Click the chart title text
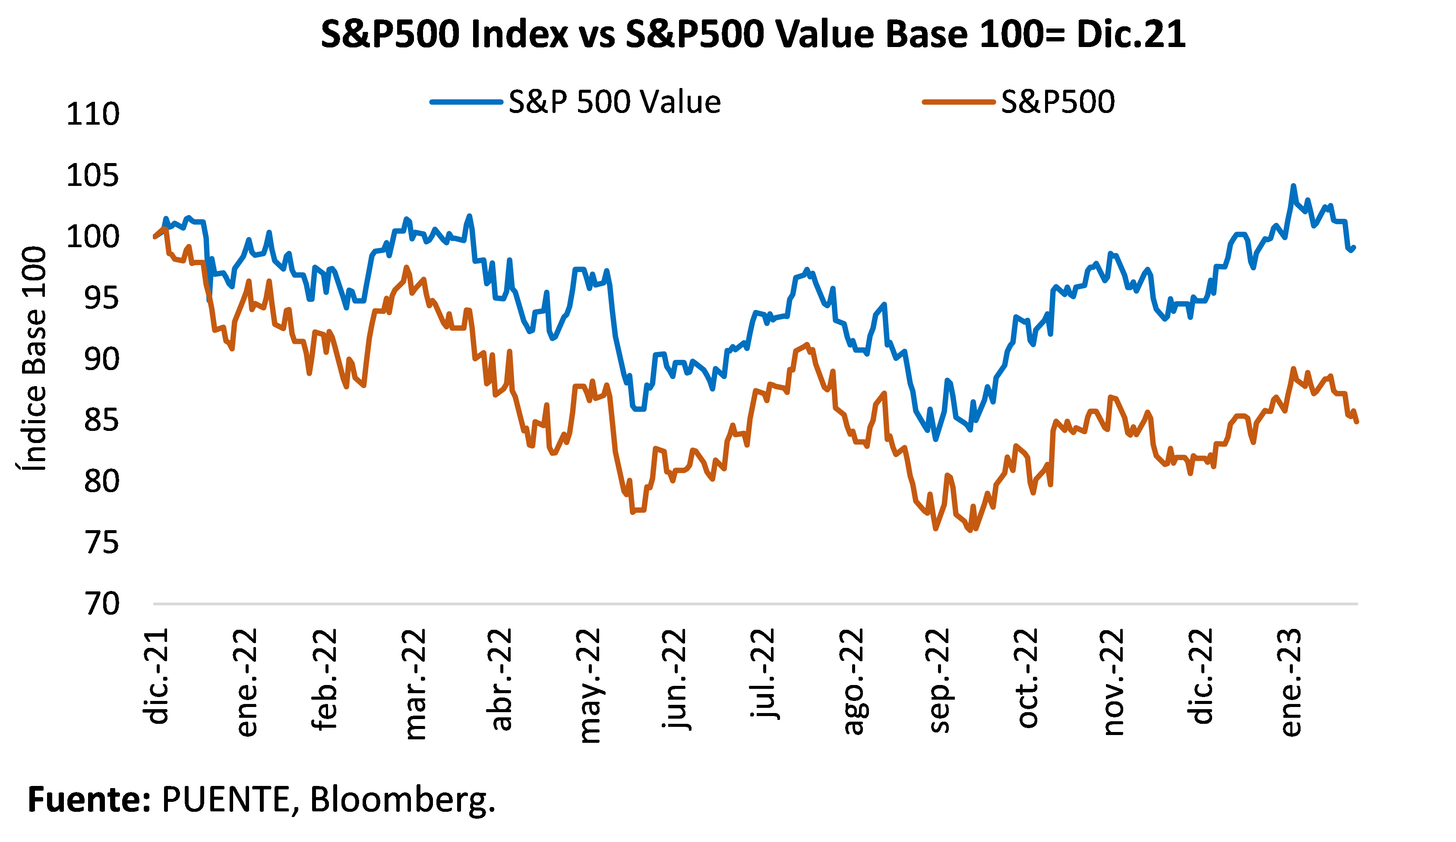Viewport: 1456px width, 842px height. point(753,35)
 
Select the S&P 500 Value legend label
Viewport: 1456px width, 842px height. point(615,102)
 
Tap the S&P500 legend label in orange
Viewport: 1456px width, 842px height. point(1057,102)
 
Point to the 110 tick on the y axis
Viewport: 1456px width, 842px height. point(92,114)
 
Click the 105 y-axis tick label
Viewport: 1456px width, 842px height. point(92,175)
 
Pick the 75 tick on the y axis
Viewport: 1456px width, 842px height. point(102,543)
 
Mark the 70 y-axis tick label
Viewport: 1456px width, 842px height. point(102,604)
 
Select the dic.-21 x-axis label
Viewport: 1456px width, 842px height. point(156,676)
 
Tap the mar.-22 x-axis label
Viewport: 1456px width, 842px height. point(414,685)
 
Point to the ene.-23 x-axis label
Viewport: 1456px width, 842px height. point(1291,682)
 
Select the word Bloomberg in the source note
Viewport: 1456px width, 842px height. point(402,801)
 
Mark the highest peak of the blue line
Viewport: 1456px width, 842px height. point(1293,186)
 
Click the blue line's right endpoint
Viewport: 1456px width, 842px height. point(1354,248)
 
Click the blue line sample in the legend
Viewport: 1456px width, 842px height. point(466,102)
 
